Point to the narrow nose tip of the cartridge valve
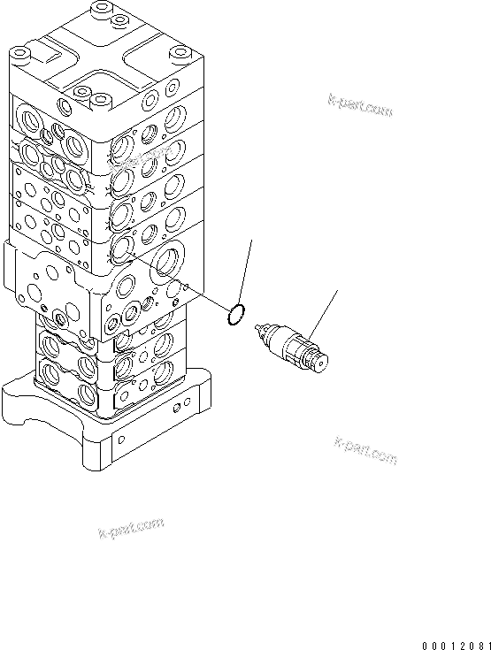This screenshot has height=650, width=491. pyautogui.click(x=258, y=328)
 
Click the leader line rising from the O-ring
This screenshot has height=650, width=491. pyautogui.click(x=247, y=270)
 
